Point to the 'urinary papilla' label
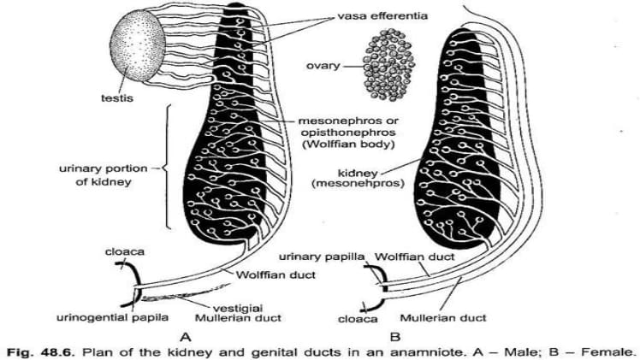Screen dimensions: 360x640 [322, 256]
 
